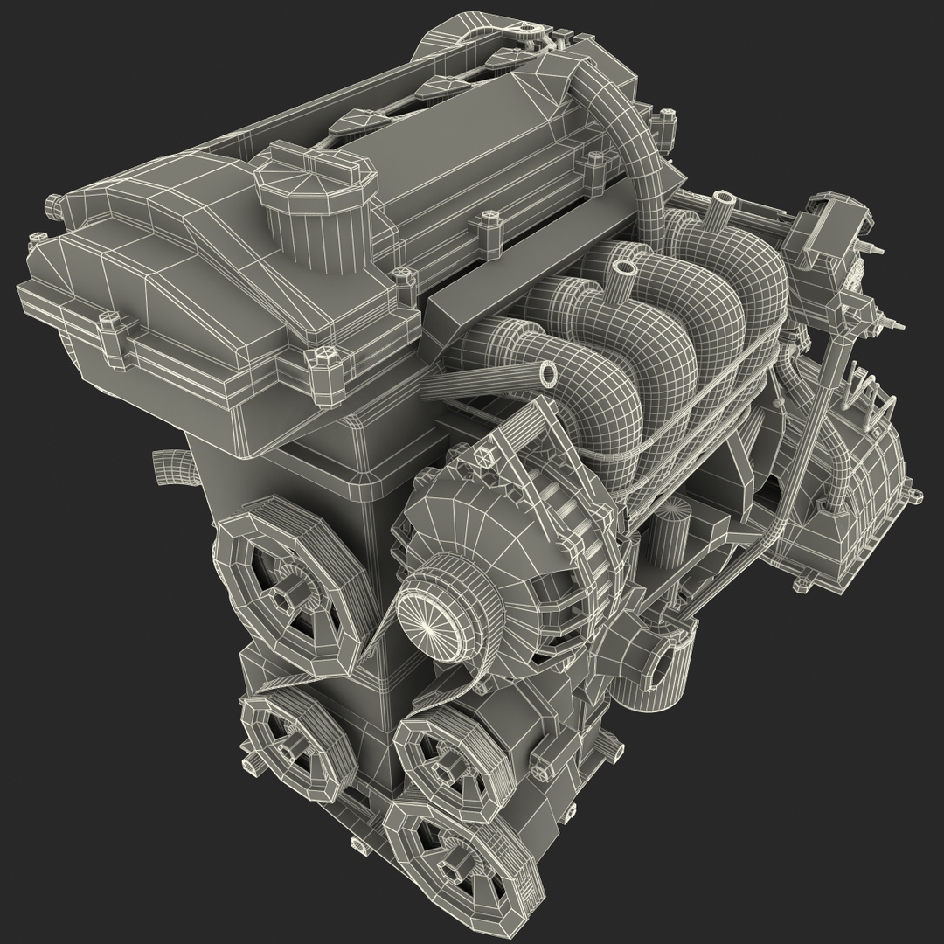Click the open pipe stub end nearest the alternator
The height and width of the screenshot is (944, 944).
(548, 374)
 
